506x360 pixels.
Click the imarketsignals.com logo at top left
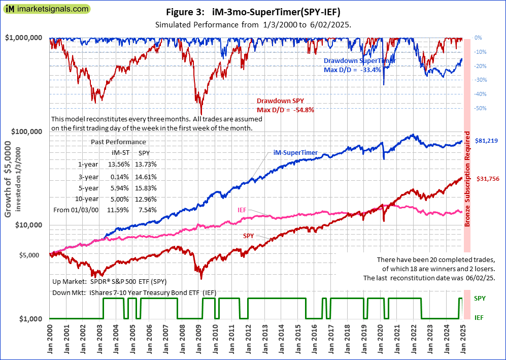(46, 9)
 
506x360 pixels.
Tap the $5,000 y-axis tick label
(35, 255)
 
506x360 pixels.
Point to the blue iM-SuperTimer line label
(296, 152)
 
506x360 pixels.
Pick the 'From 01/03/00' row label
(76, 210)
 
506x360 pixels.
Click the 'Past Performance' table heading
(118, 142)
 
